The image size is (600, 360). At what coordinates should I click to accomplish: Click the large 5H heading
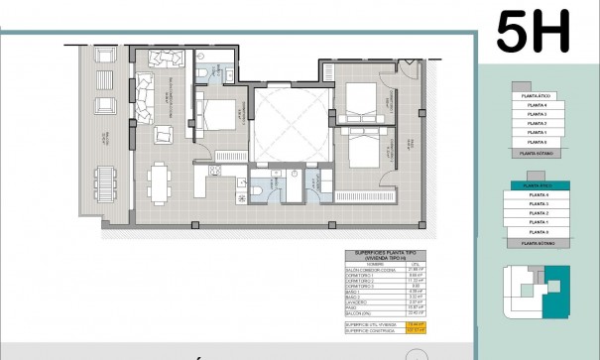533,32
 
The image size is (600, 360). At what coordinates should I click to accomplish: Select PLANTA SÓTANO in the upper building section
536,154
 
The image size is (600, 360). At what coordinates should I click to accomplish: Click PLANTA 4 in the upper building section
537,104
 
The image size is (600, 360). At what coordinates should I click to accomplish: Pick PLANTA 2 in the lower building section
539,213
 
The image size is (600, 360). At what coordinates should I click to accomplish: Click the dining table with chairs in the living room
159,181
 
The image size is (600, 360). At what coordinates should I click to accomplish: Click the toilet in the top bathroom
201,71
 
